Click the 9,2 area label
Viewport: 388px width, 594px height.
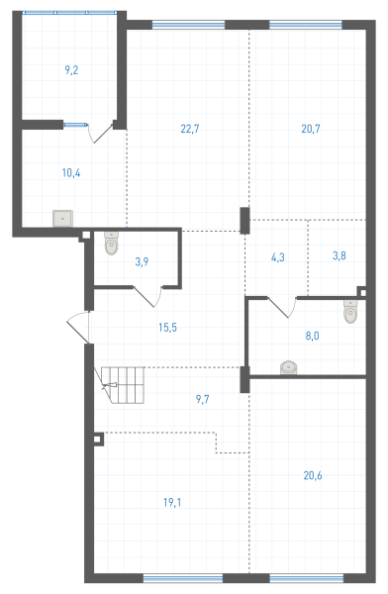click(71, 70)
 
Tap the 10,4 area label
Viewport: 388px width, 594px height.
click(71, 173)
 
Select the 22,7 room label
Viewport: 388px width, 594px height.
click(190, 129)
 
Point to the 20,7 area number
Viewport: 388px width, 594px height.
click(311, 129)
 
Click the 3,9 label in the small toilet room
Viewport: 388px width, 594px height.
click(142, 261)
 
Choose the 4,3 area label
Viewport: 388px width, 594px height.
click(278, 257)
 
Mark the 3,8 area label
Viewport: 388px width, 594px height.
click(339, 255)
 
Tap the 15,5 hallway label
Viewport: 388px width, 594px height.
click(168, 328)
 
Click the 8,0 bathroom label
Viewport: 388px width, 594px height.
click(312, 336)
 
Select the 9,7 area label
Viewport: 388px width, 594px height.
click(202, 399)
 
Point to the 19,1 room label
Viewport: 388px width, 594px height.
click(172, 503)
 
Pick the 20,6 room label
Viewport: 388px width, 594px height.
click(313, 475)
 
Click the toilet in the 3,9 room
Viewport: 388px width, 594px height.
click(112, 244)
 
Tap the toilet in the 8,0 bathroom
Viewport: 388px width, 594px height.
click(350, 312)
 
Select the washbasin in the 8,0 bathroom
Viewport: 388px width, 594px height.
click(289, 368)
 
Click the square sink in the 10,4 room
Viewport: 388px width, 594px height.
click(62, 219)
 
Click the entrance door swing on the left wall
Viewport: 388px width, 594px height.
click(77, 328)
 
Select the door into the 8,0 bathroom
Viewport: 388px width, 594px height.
click(282, 307)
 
